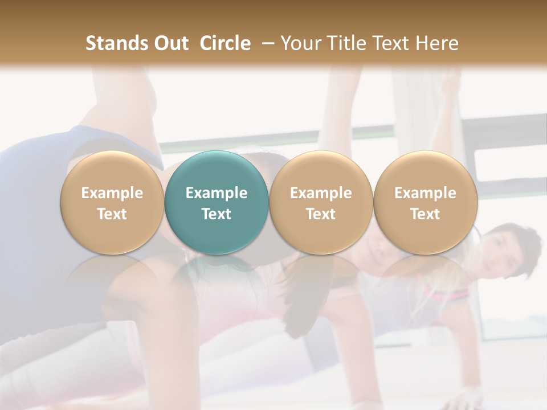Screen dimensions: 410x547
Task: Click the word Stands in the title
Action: pyautogui.click(x=116, y=43)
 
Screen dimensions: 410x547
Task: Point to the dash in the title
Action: pyautogui.click(x=266, y=43)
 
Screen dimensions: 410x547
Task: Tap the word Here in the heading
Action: pyautogui.click(x=435, y=43)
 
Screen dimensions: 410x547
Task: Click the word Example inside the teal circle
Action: pyautogui.click(x=217, y=193)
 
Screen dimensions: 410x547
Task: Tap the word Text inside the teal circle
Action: pyautogui.click(x=217, y=214)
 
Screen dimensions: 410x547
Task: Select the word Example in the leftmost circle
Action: pyautogui.click(x=112, y=193)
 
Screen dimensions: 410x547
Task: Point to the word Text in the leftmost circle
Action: pyautogui.click(x=112, y=214)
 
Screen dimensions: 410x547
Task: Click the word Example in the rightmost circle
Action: pyautogui.click(x=425, y=193)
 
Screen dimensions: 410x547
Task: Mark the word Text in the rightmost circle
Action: pyautogui.click(x=425, y=214)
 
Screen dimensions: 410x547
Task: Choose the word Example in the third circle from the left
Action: pyautogui.click(x=321, y=193)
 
